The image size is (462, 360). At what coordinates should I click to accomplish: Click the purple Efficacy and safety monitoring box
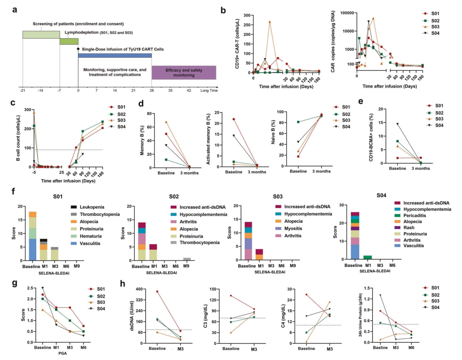click(x=184, y=72)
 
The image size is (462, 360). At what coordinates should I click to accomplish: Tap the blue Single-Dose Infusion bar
click(x=115, y=55)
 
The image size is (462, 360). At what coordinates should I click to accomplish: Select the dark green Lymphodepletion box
click(x=69, y=42)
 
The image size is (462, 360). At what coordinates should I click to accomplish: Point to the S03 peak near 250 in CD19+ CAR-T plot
click(x=270, y=22)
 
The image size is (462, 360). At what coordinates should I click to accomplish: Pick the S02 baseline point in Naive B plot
click(x=297, y=122)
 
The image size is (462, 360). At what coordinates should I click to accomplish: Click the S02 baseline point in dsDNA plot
click(x=157, y=319)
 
